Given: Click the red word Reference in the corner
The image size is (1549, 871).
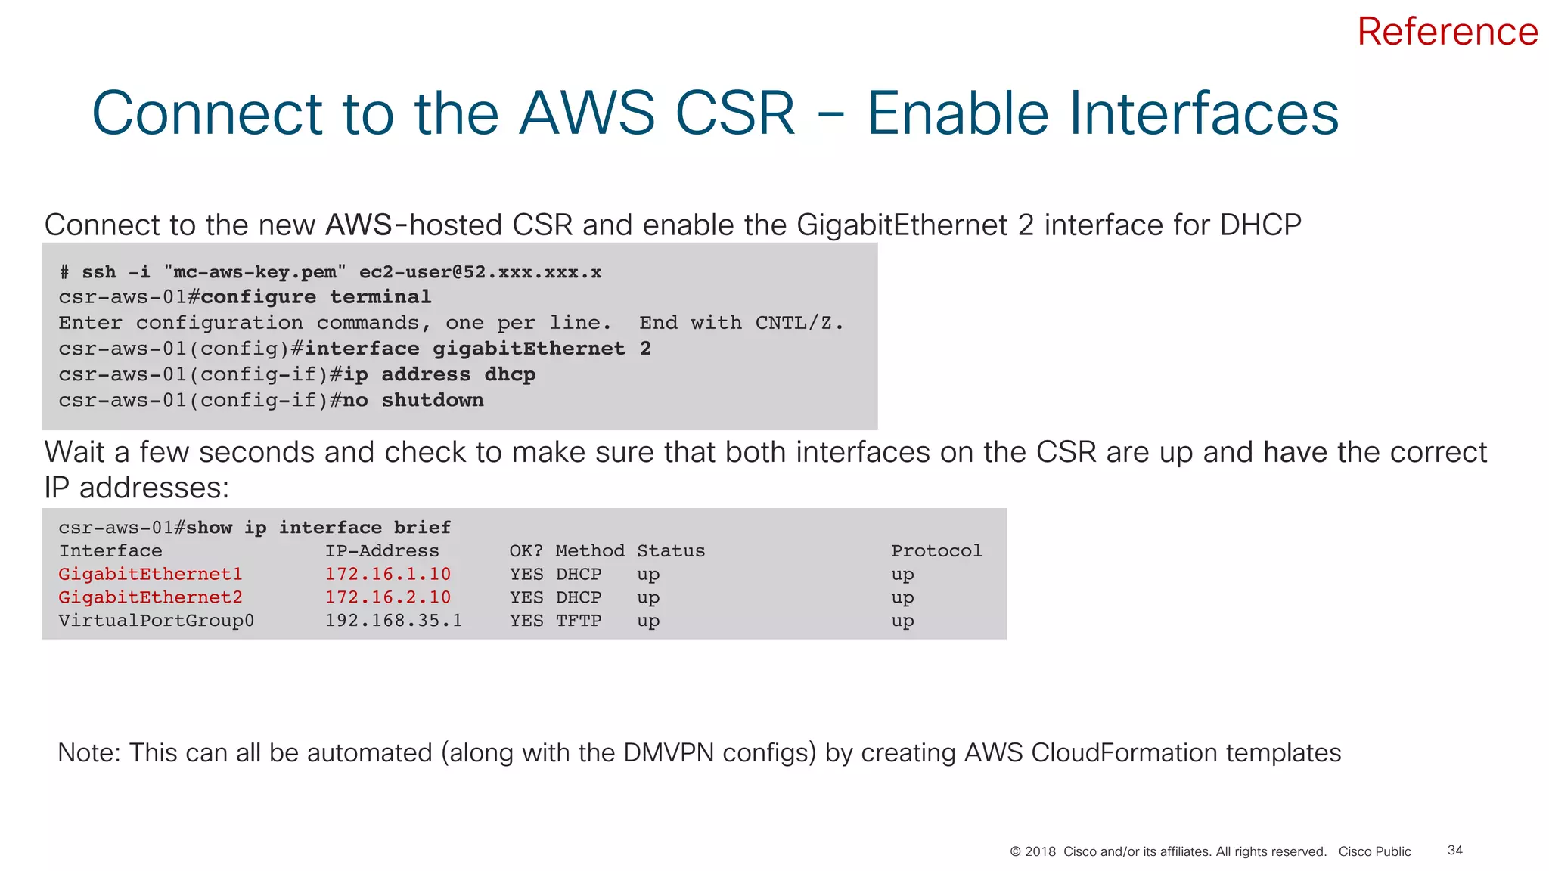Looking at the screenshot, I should (x=1447, y=32).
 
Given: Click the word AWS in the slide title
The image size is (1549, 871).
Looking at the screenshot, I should (x=586, y=113).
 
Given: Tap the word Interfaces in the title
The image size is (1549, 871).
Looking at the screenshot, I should (x=1102, y=113).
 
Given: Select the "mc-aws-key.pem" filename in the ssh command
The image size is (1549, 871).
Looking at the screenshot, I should (x=254, y=272).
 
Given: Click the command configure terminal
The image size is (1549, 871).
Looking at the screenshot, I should (x=315, y=297).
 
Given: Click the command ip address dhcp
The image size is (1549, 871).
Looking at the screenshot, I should (x=439, y=374).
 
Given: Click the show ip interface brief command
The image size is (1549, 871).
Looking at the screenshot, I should (x=318, y=528).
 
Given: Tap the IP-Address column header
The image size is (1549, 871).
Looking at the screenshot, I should (x=382, y=551).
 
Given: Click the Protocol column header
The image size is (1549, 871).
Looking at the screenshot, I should (x=936, y=551).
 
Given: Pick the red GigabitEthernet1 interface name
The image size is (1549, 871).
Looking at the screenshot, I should (x=151, y=575).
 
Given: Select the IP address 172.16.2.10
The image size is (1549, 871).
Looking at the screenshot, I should (x=387, y=598).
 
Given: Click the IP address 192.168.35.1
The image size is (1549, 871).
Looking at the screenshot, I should (x=393, y=621).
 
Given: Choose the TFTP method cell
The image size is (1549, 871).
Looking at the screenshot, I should (x=579, y=621).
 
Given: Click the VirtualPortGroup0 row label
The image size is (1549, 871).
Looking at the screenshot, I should (x=156, y=621).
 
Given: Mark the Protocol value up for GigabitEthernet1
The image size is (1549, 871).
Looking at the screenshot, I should (x=902, y=575).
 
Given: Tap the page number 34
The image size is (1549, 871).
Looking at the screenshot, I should (x=1454, y=851).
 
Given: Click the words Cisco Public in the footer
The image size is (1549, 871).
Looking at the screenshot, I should (x=1374, y=851).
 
